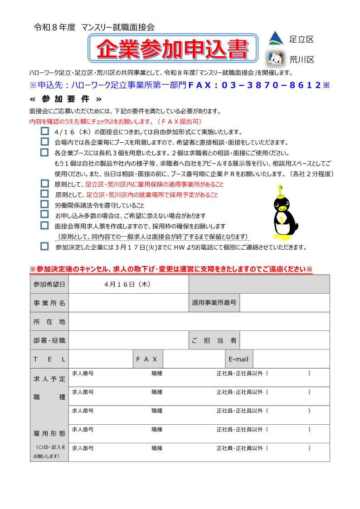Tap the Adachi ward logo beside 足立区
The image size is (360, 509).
(x=276, y=39)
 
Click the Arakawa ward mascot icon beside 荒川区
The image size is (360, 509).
(x=275, y=58)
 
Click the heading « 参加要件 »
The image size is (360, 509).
(x=65, y=99)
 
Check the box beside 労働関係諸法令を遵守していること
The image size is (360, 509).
(x=44, y=204)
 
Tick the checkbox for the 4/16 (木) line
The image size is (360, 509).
(x=44, y=131)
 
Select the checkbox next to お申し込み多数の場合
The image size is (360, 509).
(x=44, y=214)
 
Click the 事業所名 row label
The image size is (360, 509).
(x=49, y=303)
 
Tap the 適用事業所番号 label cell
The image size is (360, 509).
(x=214, y=303)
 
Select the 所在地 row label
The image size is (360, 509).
(x=49, y=321)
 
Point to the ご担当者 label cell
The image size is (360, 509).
(x=214, y=340)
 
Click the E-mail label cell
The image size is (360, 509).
(x=238, y=359)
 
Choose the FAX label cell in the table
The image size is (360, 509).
(x=147, y=359)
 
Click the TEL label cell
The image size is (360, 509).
(x=49, y=359)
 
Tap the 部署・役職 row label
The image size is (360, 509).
(x=49, y=340)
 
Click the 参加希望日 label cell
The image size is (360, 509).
(x=49, y=284)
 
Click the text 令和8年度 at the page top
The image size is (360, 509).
(x=54, y=27)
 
